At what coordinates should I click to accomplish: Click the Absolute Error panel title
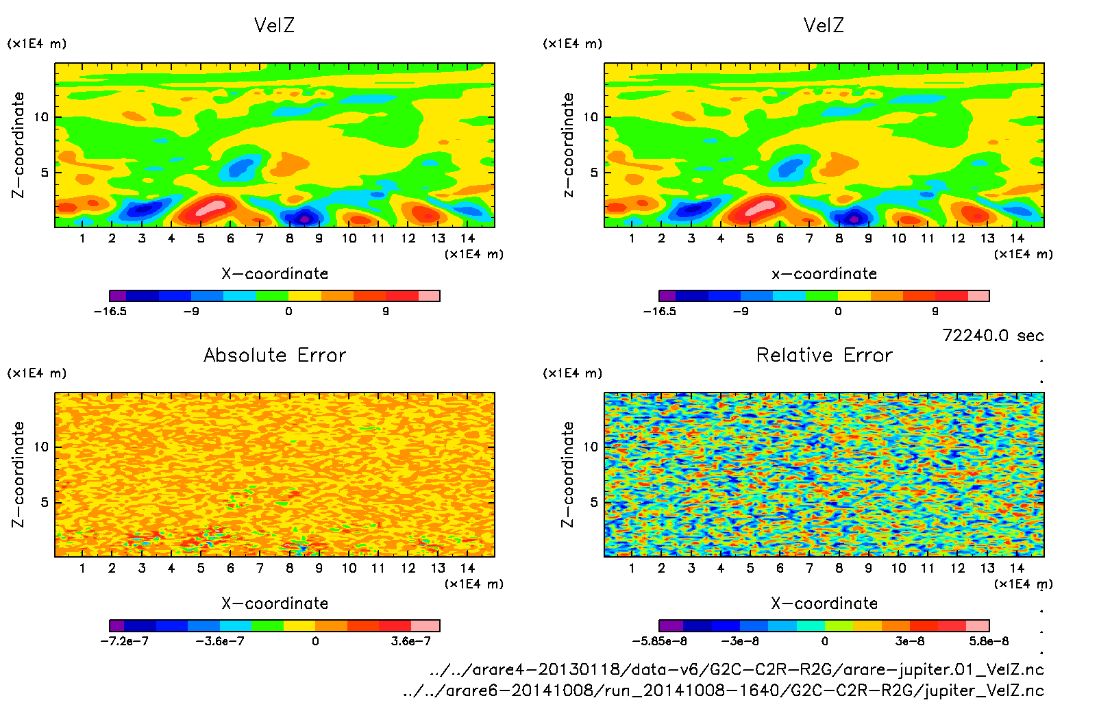(275, 355)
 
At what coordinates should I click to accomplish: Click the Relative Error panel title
(824, 355)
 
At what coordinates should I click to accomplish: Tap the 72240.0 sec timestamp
(993, 336)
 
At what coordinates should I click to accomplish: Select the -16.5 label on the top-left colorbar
(110, 311)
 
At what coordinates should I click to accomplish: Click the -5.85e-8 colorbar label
(659, 641)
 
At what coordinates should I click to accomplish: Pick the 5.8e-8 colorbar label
(989, 641)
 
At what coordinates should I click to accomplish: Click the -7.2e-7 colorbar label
(124, 641)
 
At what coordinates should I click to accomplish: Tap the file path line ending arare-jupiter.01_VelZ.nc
(737, 669)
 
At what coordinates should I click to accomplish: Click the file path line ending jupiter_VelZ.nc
(724, 690)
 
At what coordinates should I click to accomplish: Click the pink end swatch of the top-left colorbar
(429, 296)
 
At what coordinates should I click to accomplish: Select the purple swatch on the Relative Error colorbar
(671, 625)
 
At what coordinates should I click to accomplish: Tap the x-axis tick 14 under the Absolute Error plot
(467, 568)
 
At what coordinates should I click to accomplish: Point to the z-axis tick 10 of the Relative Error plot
(591, 447)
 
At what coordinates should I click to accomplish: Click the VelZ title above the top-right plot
(824, 25)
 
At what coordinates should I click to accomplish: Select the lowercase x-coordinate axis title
(824, 273)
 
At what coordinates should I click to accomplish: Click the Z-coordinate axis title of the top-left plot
(18, 145)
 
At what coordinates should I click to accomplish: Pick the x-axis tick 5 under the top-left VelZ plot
(201, 238)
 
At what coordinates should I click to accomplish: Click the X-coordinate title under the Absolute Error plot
(275, 603)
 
